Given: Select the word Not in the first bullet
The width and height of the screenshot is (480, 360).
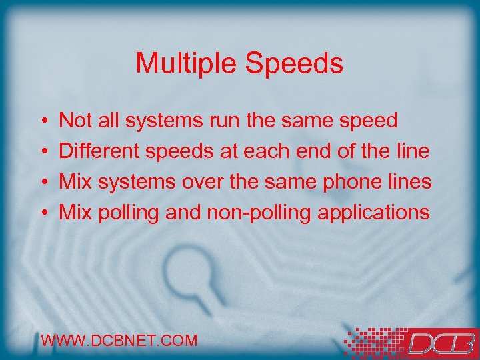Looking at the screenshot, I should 75,121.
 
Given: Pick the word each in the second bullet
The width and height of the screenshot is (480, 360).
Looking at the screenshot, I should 267,151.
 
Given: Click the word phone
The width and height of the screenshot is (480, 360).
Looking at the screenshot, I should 355,182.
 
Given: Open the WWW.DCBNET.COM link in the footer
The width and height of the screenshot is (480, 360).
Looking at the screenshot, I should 119,341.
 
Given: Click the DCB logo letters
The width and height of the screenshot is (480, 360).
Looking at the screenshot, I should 440,343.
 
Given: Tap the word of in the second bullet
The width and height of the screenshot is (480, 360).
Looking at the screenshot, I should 346,151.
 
